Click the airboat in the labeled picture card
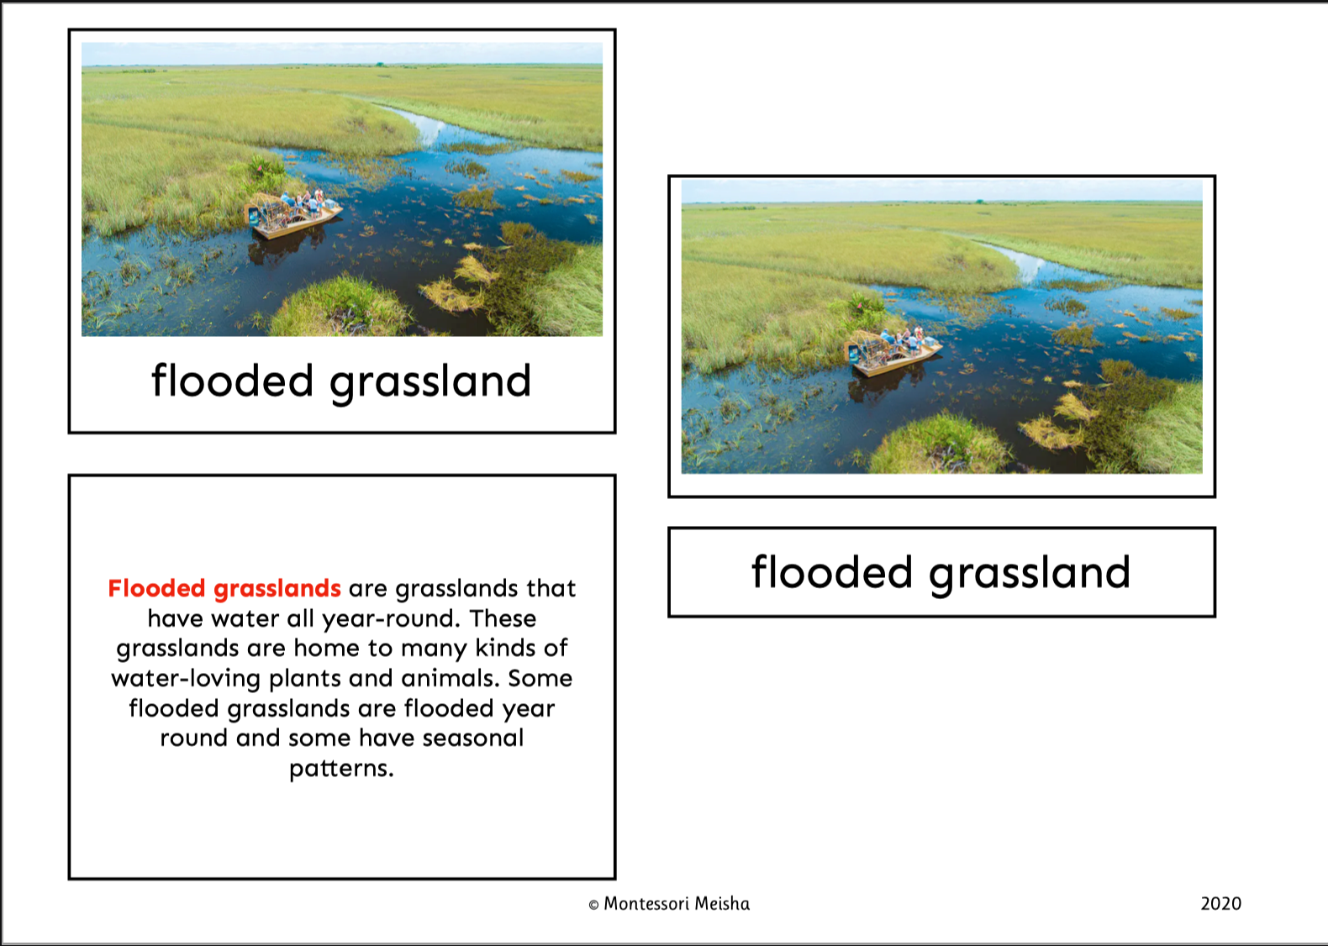292,215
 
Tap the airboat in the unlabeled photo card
893,353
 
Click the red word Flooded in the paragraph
156,588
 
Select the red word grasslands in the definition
277,589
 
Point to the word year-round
391,619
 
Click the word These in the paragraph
503,618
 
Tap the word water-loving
186,680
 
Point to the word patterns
341,770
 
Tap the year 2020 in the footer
1220,904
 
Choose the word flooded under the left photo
232,381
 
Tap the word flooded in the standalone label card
832,572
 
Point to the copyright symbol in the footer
593,905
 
